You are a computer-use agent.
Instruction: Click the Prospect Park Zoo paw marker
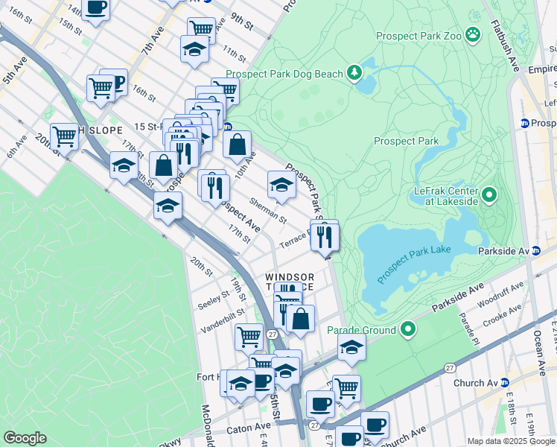coord(472,34)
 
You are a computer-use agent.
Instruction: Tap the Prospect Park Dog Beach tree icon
coord(355,73)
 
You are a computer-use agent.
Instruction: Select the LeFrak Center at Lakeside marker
coord(489,195)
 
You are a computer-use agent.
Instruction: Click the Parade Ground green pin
coord(407,328)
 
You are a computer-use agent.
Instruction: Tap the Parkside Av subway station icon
coord(535,251)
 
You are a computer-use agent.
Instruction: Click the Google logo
coord(25,438)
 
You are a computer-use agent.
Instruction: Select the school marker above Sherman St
coord(281,185)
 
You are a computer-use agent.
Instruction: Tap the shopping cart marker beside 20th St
coord(65,136)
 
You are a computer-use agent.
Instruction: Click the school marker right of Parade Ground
coord(351,346)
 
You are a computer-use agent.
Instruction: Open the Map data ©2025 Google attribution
coord(510,440)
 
